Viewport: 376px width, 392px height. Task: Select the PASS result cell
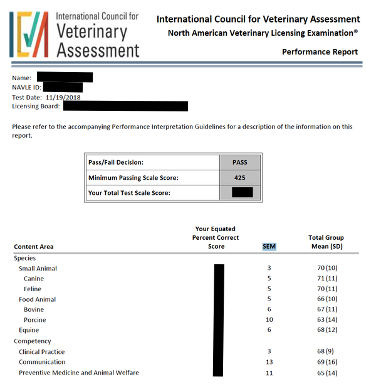click(x=239, y=162)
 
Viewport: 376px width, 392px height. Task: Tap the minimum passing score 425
click(x=239, y=177)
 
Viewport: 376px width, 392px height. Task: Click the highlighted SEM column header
click(x=269, y=246)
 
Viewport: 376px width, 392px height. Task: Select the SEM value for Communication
click(x=269, y=362)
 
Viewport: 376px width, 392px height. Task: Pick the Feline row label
click(x=33, y=289)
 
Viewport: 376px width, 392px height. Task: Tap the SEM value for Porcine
click(x=269, y=320)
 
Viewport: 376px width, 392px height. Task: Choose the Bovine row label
click(x=34, y=310)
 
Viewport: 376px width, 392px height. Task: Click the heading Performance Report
click(x=320, y=52)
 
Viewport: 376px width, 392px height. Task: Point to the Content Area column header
click(x=34, y=247)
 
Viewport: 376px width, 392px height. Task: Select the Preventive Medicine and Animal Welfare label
click(x=79, y=373)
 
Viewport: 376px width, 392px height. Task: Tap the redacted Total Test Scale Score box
click(x=242, y=192)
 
